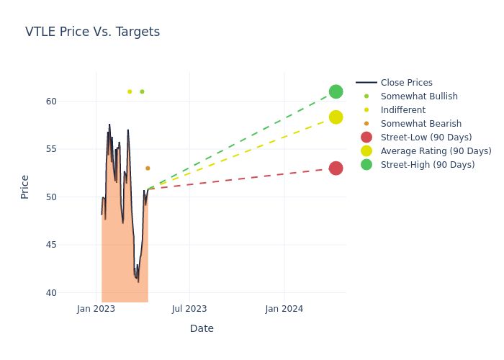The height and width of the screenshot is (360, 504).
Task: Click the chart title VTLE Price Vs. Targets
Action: tap(92, 32)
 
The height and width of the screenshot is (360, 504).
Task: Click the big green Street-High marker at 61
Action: tap(336, 91)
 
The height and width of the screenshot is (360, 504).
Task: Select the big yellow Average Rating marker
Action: tap(336, 117)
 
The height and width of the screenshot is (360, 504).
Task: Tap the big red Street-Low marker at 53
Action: tap(336, 168)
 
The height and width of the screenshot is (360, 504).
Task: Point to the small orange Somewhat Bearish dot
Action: tap(148, 168)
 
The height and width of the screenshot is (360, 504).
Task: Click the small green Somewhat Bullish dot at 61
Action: tap(142, 91)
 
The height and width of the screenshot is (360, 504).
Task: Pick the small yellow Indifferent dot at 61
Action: tap(130, 91)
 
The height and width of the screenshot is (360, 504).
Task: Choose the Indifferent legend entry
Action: tap(402, 110)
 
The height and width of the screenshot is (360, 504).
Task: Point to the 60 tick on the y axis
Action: tap(51, 101)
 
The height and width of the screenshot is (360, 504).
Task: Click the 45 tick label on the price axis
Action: tap(51, 245)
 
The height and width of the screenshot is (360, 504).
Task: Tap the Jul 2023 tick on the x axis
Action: tap(189, 309)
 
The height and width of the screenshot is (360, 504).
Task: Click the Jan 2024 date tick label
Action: tap(284, 309)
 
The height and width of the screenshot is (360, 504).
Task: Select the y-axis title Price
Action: tap(25, 186)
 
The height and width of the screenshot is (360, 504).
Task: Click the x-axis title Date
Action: tap(202, 328)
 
